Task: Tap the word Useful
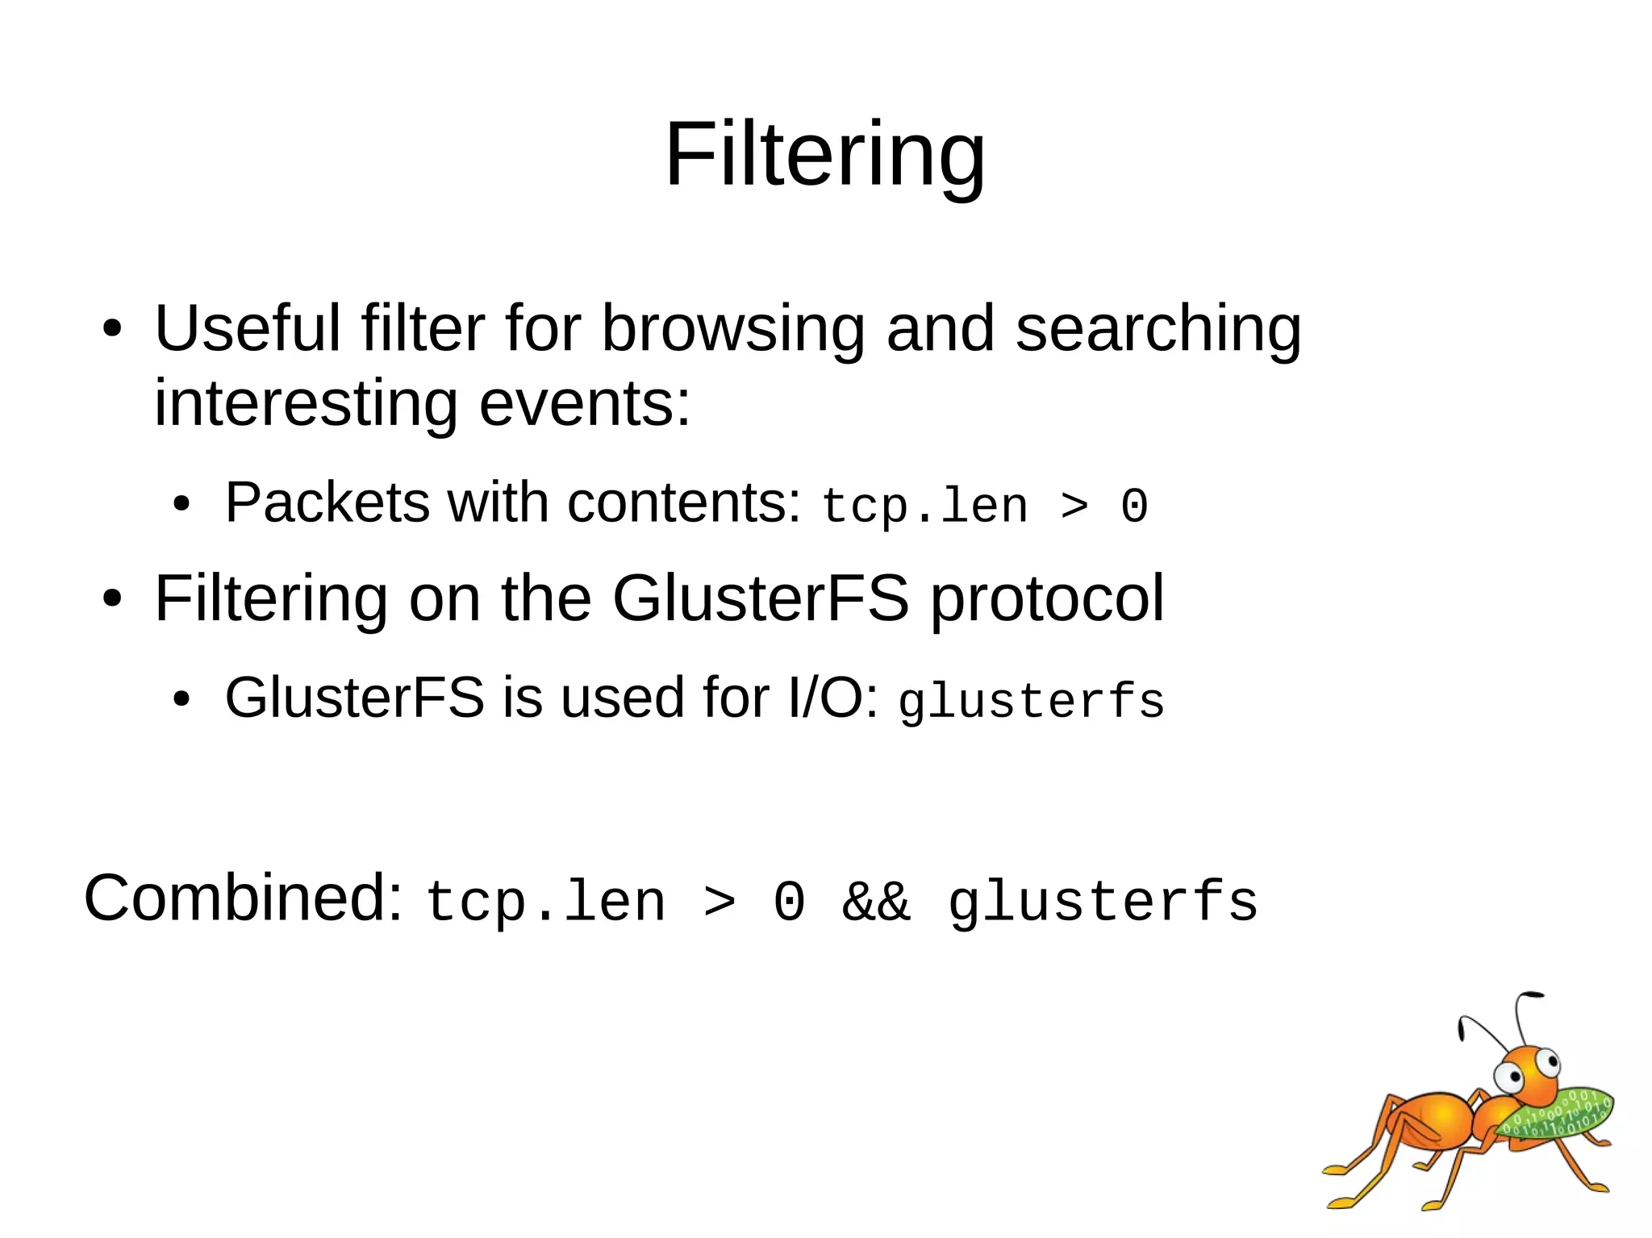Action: tap(248, 328)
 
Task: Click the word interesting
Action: tap(306, 403)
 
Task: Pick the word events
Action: tap(585, 403)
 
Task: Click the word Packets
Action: tap(327, 502)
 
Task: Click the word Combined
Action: tap(243, 898)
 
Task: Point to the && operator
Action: tap(876, 901)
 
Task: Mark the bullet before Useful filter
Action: tap(112, 330)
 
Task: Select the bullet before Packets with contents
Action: tap(181, 506)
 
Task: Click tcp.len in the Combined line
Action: tap(546, 902)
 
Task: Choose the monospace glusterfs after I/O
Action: tap(1031, 702)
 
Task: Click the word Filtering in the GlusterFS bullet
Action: tap(271, 599)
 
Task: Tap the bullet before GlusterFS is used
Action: tap(181, 700)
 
